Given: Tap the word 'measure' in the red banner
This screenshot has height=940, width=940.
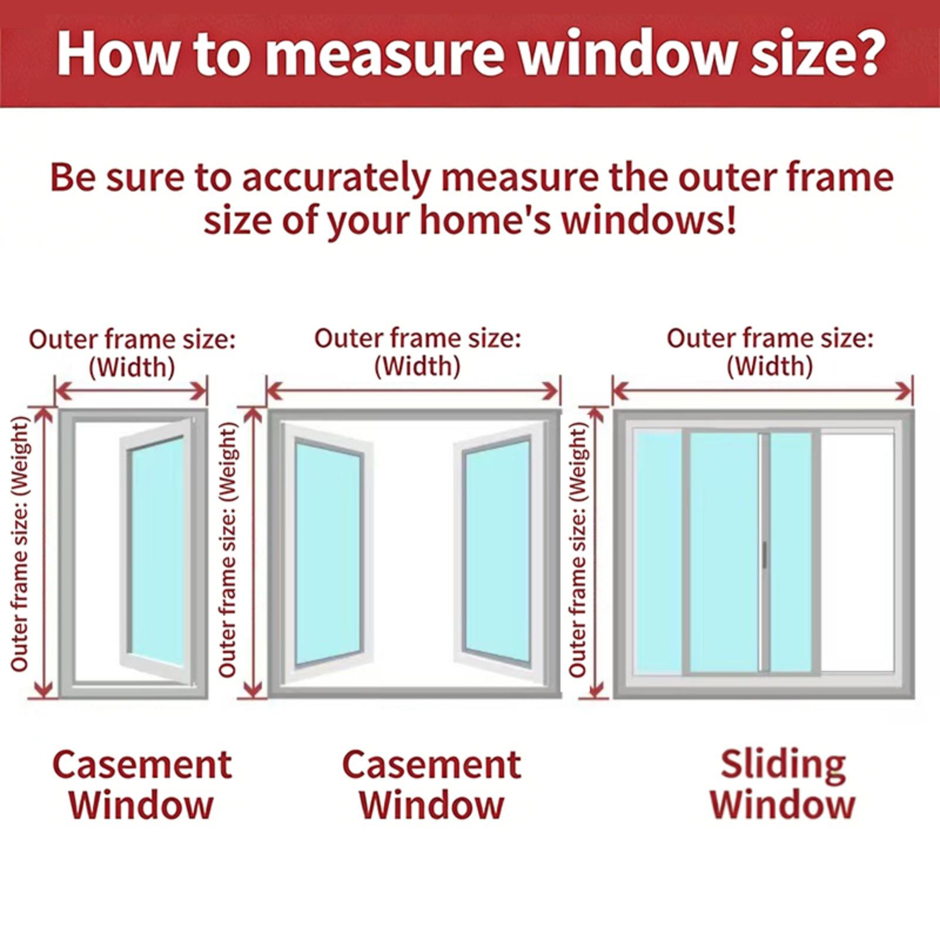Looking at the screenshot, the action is [385, 54].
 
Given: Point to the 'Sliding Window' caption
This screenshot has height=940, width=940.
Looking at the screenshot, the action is [783, 784].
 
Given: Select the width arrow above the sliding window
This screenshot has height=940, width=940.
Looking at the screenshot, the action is [763, 390].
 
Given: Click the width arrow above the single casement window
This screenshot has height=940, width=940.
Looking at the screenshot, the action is [131, 391].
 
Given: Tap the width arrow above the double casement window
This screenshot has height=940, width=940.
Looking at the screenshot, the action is [413, 390].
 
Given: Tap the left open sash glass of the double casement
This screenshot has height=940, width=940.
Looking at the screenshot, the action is [327, 552].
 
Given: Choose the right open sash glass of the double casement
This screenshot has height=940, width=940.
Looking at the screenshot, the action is [498, 552].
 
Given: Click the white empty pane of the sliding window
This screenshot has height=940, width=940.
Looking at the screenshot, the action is [857, 552].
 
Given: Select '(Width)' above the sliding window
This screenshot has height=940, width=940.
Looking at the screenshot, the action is [770, 367].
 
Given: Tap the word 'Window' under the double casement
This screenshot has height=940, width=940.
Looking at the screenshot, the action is [432, 805].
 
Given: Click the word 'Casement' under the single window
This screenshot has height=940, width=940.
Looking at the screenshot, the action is [142, 765].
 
